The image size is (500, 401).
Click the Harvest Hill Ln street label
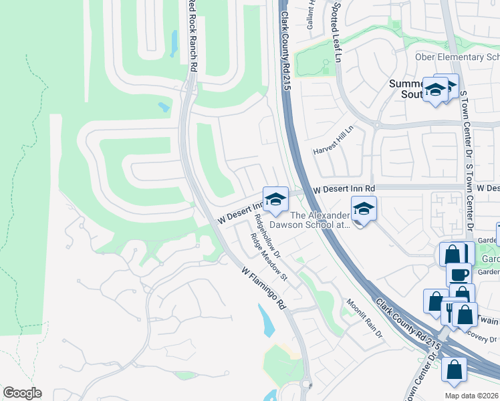pyautogui.click(x=332, y=141)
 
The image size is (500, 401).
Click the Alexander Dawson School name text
pyautogui.click(x=320, y=220)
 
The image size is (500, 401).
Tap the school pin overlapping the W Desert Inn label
pyautogui.click(x=275, y=198)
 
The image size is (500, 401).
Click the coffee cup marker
pyautogui.click(x=459, y=275)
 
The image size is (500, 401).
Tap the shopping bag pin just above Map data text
pyautogui.click(x=454, y=370)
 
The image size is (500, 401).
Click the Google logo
pyautogui.click(x=22, y=393)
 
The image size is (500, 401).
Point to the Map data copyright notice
pyautogui.click(x=472, y=396)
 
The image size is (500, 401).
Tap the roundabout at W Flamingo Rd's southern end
pyautogui.click(x=306, y=384)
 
